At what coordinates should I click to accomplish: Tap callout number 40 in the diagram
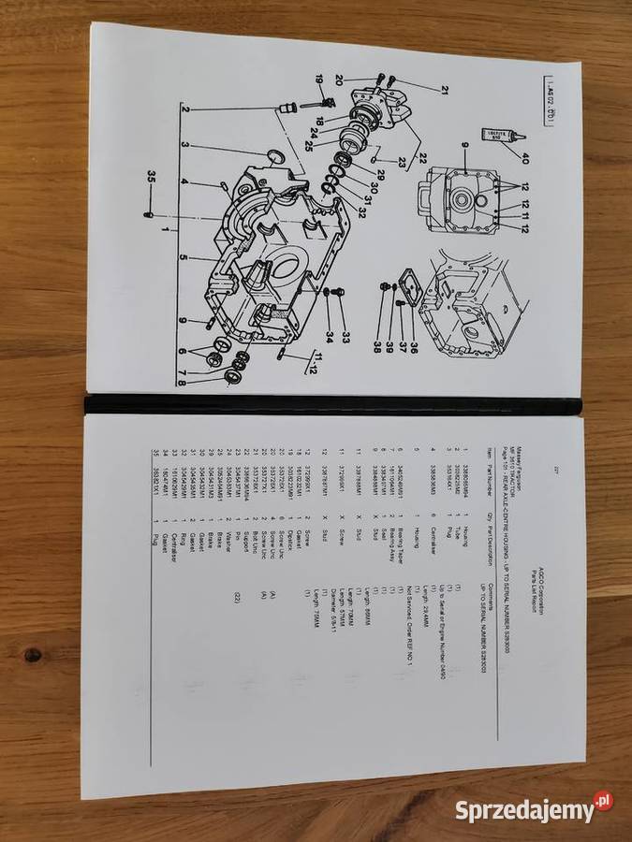524,157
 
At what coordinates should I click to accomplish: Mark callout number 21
444,90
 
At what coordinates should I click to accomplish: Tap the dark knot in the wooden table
33,655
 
